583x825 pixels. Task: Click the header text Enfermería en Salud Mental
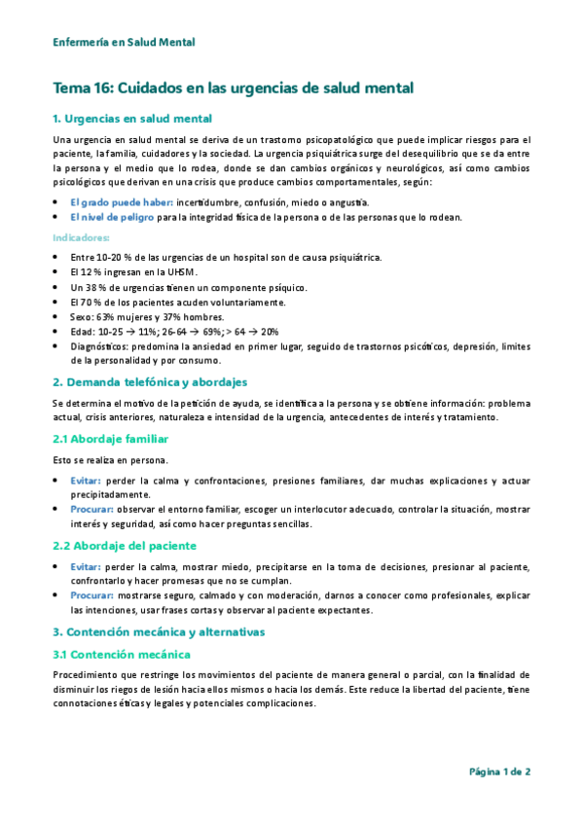pyautogui.click(x=124, y=43)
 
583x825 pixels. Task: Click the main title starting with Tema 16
pyautogui.click(x=234, y=89)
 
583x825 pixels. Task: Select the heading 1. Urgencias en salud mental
pyautogui.click(x=132, y=120)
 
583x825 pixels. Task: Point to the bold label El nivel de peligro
pyautogui.click(x=112, y=217)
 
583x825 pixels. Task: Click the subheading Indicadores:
pyautogui.click(x=81, y=236)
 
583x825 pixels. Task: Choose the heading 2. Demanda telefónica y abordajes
pyautogui.click(x=150, y=381)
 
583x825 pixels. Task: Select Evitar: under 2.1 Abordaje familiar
pyautogui.click(x=86, y=481)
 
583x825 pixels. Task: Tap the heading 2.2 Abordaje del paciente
pyautogui.click(x=125, y=546)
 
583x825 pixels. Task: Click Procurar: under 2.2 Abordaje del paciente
pyautogui.click(x=92, y=594)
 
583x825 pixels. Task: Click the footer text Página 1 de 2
pyautogui.click(x=499, y=771)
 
